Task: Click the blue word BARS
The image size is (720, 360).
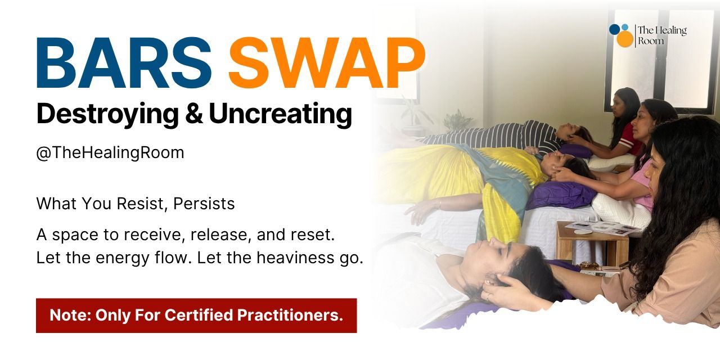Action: tap(124, 64)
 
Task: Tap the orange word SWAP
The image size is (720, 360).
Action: tap(326, 64)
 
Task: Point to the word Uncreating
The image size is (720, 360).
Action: tap(280, 114)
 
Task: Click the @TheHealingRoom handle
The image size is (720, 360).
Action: tap(110, 153)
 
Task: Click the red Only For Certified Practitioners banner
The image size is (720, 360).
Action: tap(196, 316)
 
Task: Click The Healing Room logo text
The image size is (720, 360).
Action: tap(661, 35)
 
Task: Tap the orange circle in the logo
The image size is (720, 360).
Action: tap(624, 39)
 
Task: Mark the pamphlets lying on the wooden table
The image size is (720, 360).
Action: tap(602, 227)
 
